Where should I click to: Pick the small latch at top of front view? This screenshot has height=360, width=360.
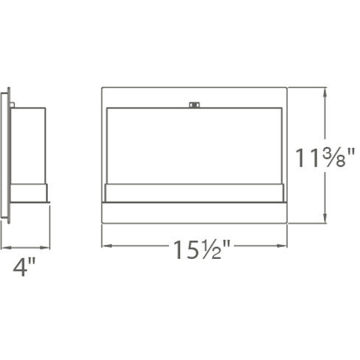click(195, 105)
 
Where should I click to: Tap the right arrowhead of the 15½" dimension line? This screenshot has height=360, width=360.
click(284, 243)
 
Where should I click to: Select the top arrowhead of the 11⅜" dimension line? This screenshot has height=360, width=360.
click(325, 92)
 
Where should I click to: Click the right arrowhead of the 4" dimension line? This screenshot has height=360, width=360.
click(47, 247)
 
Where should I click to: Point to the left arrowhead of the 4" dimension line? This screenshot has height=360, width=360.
click(4, 247)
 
